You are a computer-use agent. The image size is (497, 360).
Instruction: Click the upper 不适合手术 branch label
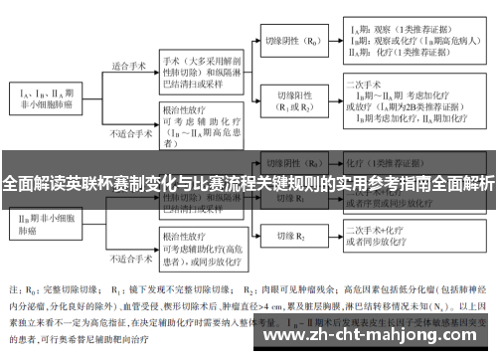coord(128,131)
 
